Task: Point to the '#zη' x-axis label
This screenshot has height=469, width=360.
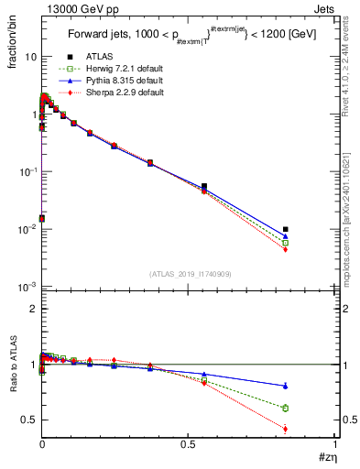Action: pyautogui.click(x=326, y=455)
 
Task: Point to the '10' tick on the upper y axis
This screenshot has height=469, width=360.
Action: pyautogui.click(x=30, y=57)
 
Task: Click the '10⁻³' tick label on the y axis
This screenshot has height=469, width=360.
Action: pyautogui.click(x=27, y=287)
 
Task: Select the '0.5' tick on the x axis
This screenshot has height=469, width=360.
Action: pyautogui.click(x=188, y=442)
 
